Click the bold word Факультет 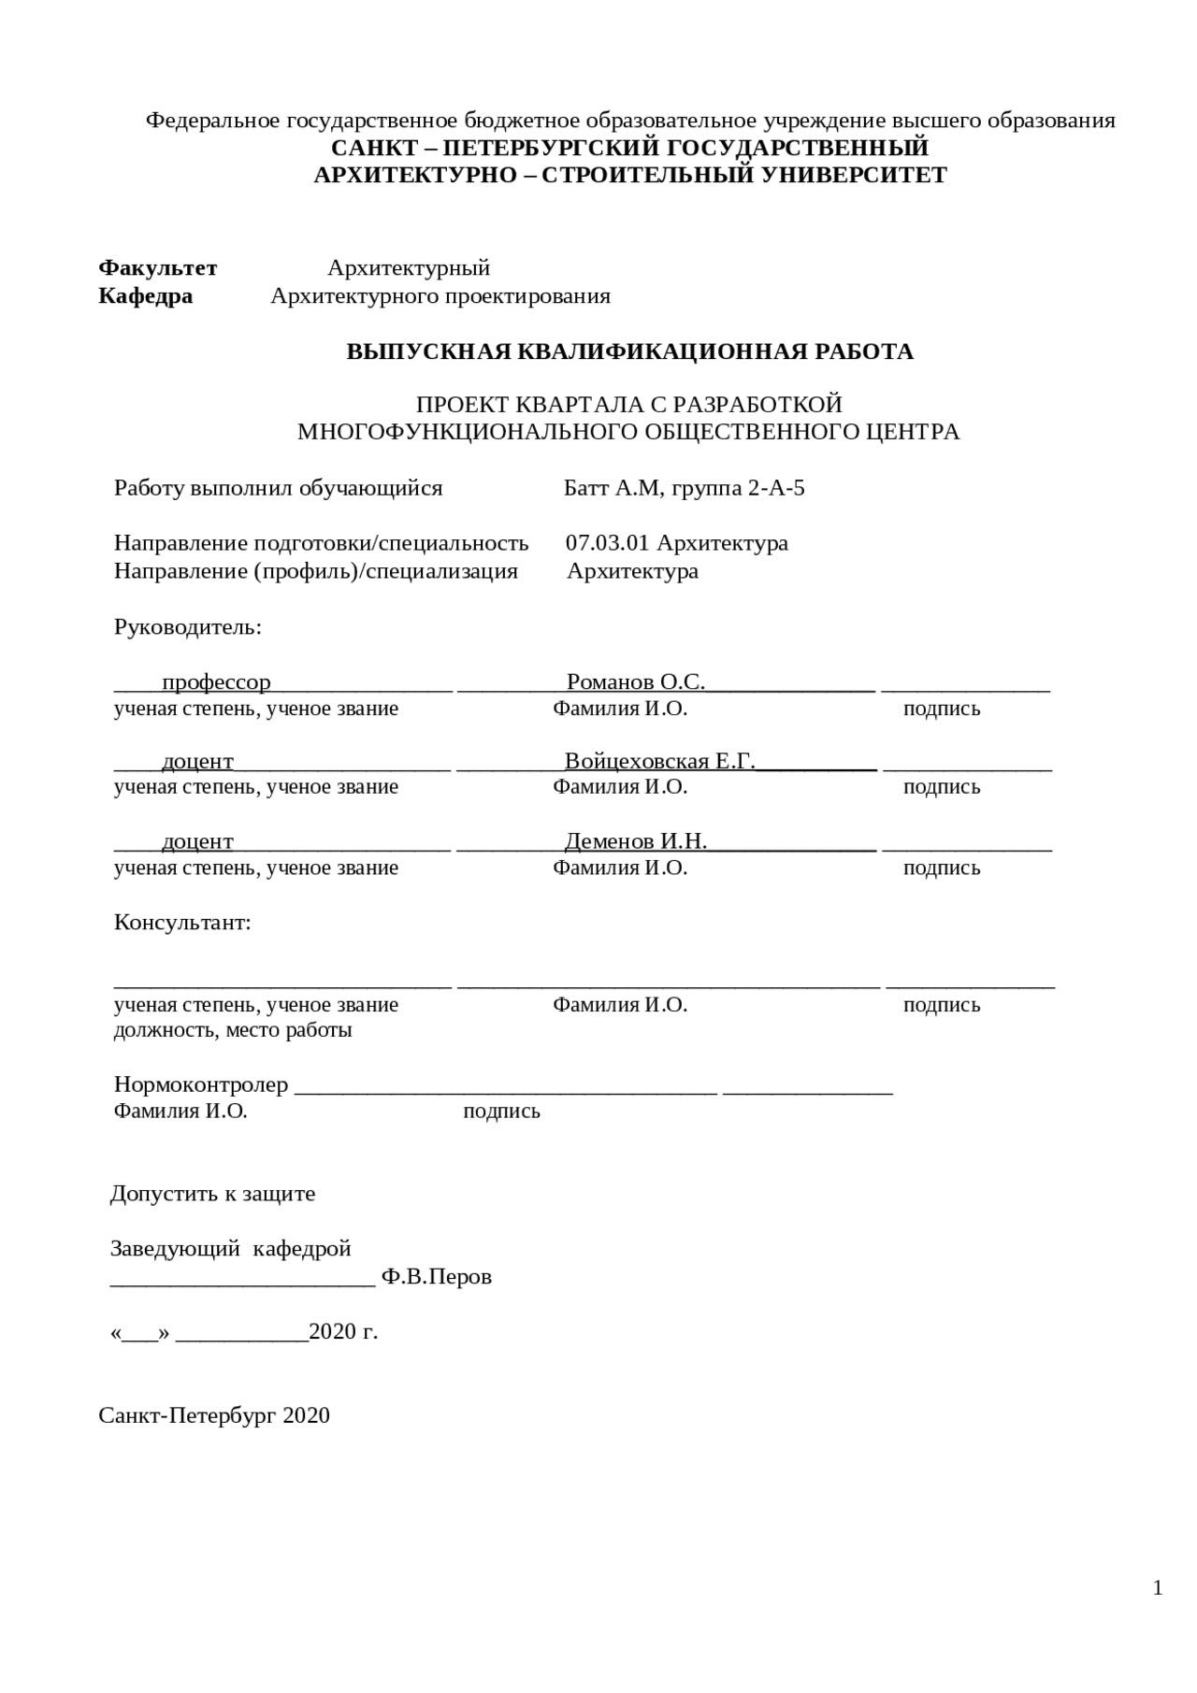(x=157, y=268)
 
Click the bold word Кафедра (x=145, y=296)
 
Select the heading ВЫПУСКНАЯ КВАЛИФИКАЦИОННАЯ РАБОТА (x=629, y=352)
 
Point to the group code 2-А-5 (x=775, y=488)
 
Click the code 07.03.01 (x=607, y=543)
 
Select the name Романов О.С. (x=635, y=682)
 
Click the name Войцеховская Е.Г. (x=659, y=761)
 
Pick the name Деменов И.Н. (x=635, y=841)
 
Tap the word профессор (x=216, y=682)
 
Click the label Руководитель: (x=188, y=627)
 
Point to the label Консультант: (x=182, y=923)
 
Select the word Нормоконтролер (x=200, y=1084)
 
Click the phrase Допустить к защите (x=212, y=1194)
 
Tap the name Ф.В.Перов (x=436, y=1277)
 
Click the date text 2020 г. (x=343, y=1332)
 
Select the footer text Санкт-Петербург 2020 (x=214, y=1415)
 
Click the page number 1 (x=1158, y=1588)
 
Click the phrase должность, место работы (x=233, y=1031)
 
